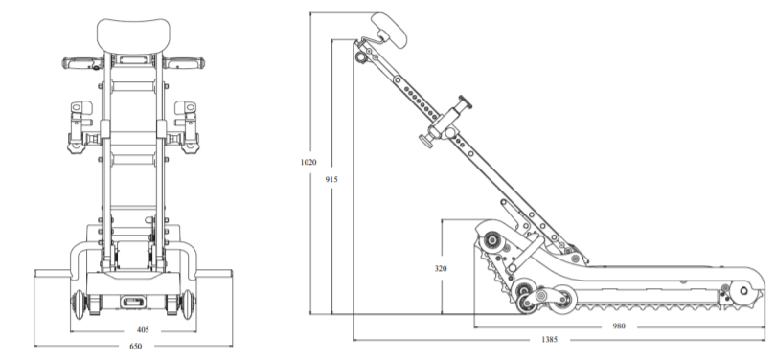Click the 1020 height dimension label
coord(308,162)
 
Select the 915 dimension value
coord(331,179)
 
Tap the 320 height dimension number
coord(441,268)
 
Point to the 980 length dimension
coord(619,326)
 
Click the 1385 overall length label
coord(549,339)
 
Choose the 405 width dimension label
coord(143,329)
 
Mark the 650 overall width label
coord(136,347)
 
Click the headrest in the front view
coord(133,35)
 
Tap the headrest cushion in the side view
coord(389,29)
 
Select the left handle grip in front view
coord(82,63)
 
